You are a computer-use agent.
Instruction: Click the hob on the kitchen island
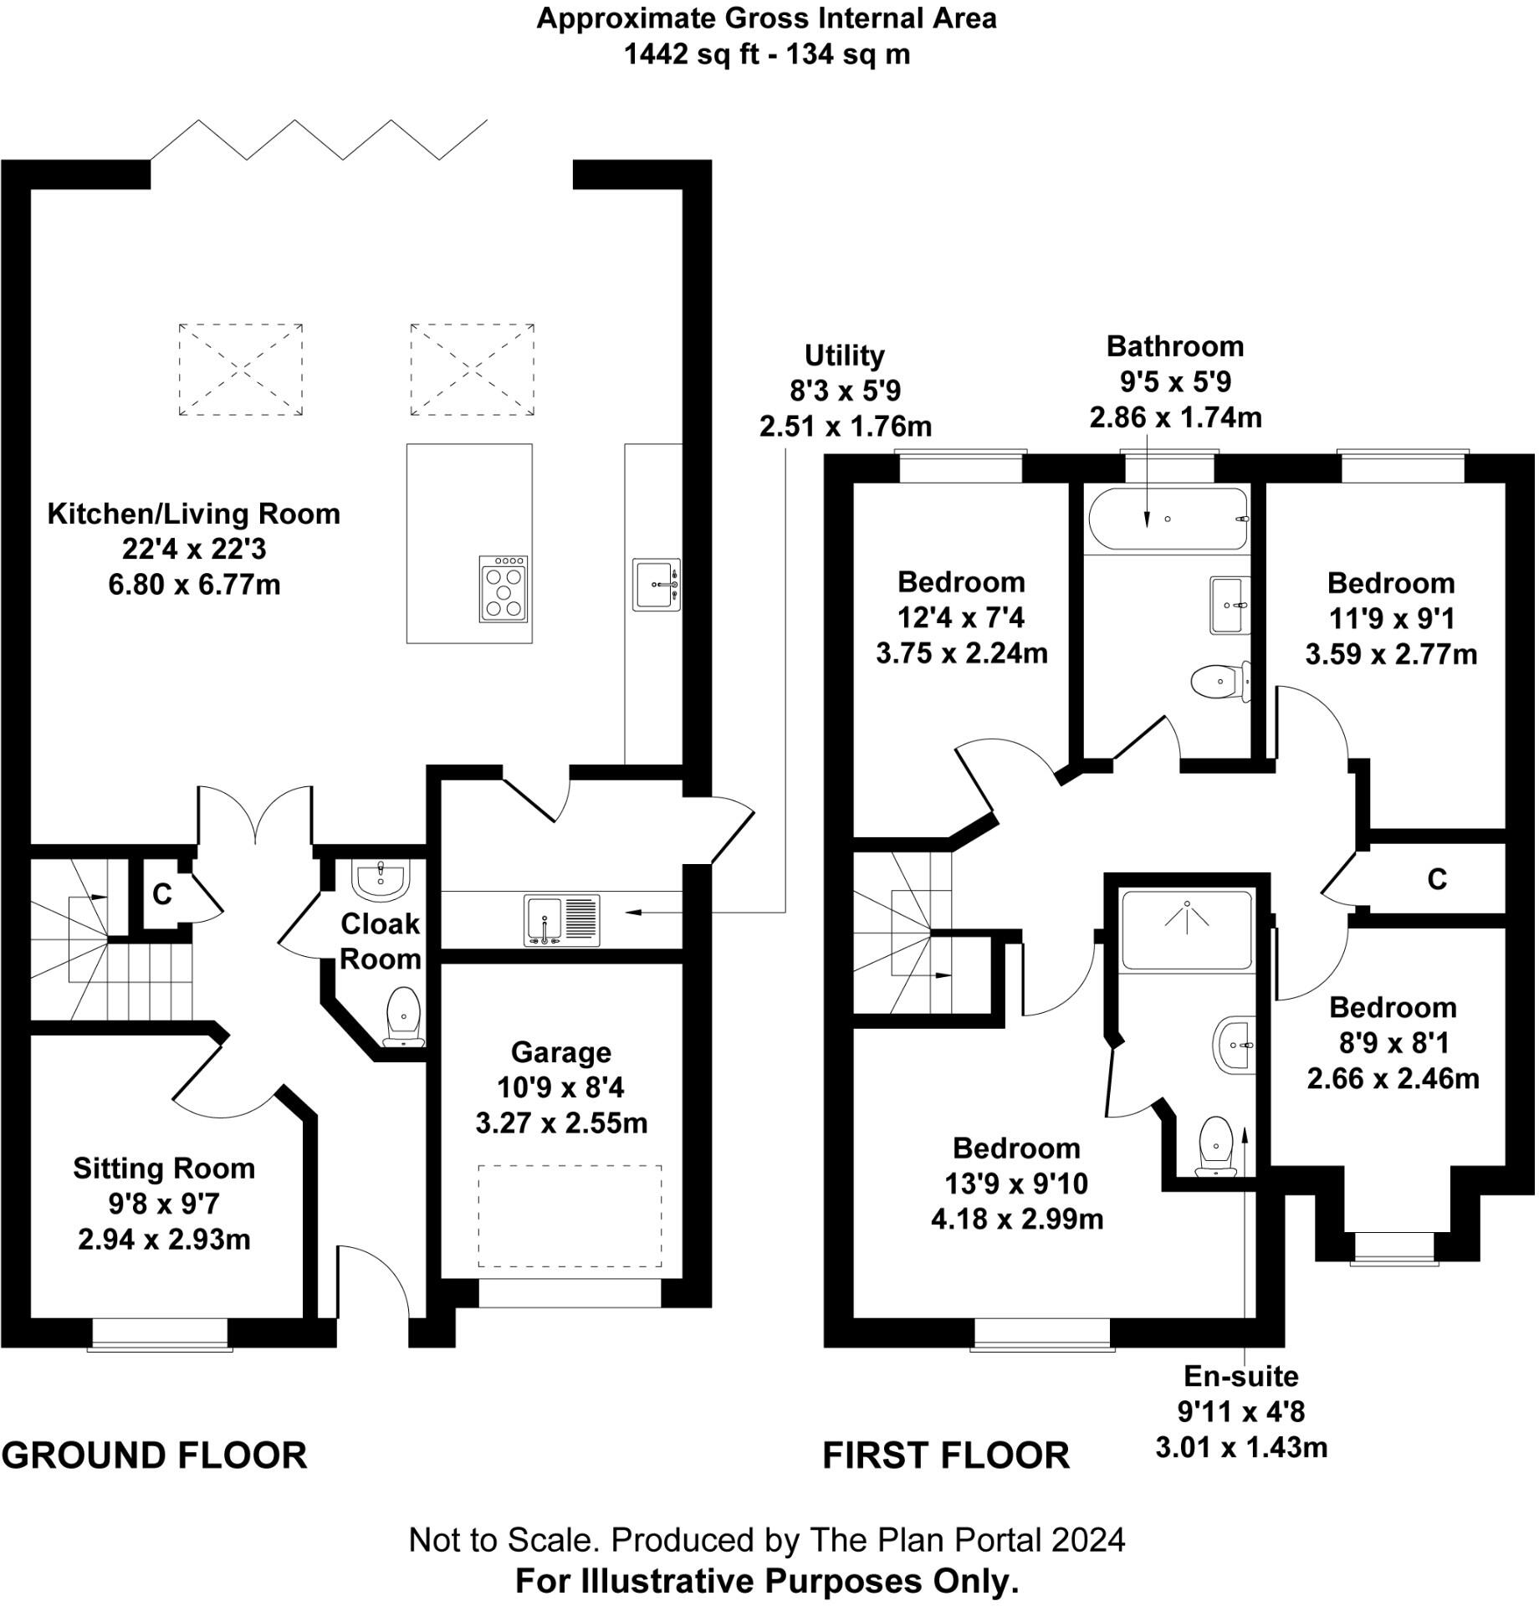[504, 589]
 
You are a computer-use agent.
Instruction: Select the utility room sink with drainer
[562, 920]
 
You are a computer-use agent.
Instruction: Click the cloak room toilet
[404, 1016]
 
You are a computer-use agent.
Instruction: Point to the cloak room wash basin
[382, 877]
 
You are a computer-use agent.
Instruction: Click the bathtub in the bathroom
[1168, 519]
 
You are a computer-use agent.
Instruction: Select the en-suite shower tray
[1186, 930]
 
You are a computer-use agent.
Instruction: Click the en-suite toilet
[1216, 1147]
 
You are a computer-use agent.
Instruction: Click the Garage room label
[560, 1052]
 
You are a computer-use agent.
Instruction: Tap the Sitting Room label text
[164, 1168]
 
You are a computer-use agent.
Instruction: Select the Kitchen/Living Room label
[193, 514]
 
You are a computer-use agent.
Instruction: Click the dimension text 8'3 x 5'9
[845, 391]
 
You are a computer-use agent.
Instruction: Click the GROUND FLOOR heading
[155, 1456]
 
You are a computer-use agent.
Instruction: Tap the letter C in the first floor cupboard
[1436, 879]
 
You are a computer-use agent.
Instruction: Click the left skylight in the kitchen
[241, 369]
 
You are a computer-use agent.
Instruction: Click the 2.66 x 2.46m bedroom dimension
[1393, 1079]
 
